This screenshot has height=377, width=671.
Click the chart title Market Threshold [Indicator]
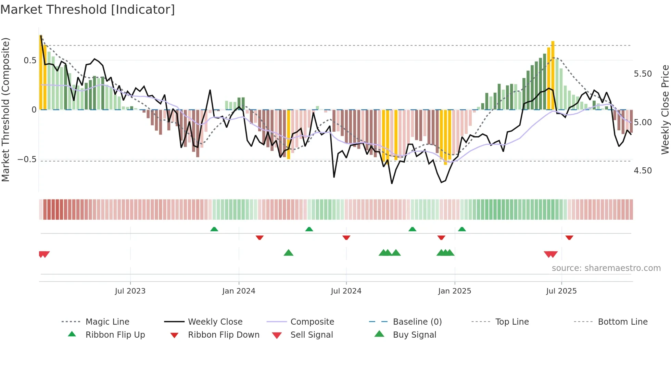(x=88, y=10)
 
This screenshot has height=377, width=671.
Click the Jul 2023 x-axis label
(x=130, y=291)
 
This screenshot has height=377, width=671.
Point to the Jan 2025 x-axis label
(x=454, y=291)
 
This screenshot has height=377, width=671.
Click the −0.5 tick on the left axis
(x=27, y=159)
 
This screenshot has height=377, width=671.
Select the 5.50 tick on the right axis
(x=643, y=74)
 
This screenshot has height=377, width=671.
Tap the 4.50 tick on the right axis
(x=643, y=170)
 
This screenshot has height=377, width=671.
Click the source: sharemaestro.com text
(x=606, y=268)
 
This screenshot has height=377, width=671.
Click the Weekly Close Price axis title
(x=665, y=109)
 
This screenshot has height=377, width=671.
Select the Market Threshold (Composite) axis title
(x=5, y=109)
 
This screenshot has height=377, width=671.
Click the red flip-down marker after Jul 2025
(x=569, y=237)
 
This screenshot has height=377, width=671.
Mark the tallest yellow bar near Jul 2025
(x=553, y=75)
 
